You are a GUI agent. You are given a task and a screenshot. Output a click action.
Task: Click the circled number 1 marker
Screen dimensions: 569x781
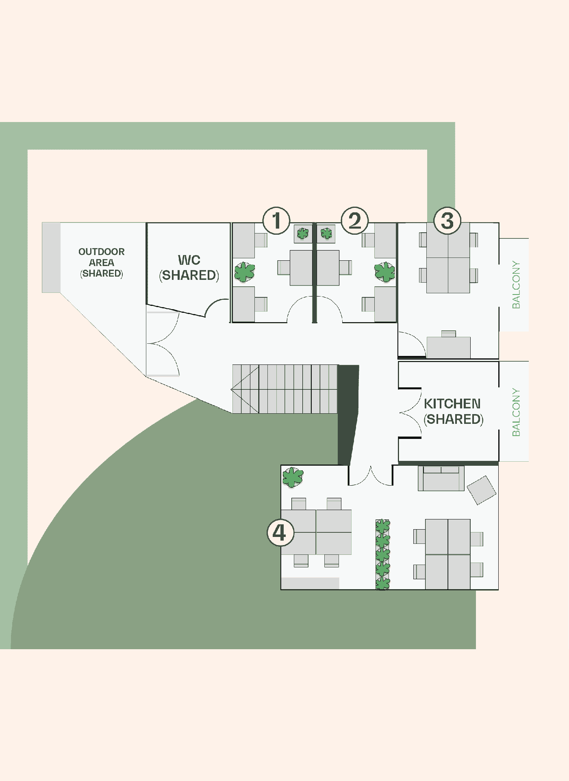pos(276,220)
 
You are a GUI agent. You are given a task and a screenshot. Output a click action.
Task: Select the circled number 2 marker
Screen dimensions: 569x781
pos(355,220)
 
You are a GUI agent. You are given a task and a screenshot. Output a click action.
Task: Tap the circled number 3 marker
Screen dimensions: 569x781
pos(447,220)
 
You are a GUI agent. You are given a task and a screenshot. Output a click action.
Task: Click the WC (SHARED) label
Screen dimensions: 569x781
pos(189,268)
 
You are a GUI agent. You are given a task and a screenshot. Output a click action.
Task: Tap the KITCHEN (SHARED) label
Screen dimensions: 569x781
pos(453,411)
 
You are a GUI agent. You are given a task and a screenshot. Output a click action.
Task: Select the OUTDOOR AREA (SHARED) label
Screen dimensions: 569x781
pos(102,262)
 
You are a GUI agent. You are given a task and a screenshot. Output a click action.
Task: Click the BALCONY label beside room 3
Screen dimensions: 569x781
pos(516,285)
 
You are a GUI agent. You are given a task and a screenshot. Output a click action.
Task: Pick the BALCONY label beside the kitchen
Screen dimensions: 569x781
pos(516,412)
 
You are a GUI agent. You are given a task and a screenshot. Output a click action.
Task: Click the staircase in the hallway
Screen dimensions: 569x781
pos(285,389)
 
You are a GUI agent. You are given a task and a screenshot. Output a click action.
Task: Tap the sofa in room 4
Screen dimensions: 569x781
pos(441,478)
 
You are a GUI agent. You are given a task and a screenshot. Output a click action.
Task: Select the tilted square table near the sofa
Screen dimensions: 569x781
pos(482,490)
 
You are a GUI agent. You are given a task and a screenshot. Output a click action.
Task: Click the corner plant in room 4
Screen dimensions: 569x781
pos(293,478)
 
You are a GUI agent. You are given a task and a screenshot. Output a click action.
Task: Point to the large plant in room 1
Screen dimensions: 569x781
pos(245,272)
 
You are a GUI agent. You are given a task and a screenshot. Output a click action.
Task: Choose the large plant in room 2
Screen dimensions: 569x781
pos(384,272)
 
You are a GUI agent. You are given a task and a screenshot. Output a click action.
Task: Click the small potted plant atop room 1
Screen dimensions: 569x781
pos(303,233)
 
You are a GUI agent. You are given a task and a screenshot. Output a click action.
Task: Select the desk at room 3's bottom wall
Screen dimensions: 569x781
pos(449,347)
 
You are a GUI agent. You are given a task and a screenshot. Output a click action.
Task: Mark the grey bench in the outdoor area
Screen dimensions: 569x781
pos(51,257)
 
